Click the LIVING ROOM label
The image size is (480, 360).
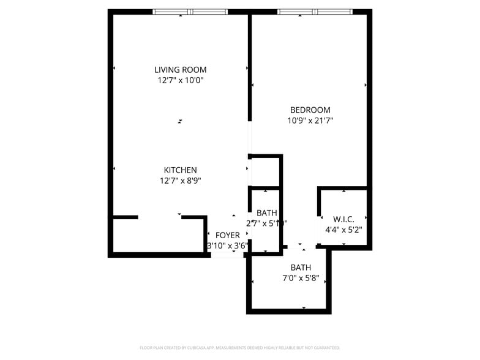coord(180,70)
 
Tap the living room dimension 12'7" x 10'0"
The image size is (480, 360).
coord(180,80)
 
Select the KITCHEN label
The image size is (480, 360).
coord(180,170)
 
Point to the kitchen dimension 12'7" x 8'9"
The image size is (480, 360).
coord(180,181)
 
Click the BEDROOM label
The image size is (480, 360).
coord(310,110)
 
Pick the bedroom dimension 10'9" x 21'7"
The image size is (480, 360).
coord(310,121)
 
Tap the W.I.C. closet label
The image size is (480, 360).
coord(343,219)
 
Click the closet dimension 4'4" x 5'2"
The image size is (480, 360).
coord(343,230)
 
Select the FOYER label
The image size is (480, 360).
coord(228,236)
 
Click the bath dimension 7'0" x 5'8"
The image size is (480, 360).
coord(301,278)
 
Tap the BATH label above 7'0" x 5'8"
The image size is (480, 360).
coord(301,268)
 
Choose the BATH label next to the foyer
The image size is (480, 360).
coord(267,213)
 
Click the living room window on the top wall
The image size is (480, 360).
coord(190,12)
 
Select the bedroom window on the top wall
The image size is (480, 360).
coord(315,12)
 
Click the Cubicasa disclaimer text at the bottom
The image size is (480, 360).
coord(240,347)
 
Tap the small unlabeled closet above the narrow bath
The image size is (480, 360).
coord(264,171)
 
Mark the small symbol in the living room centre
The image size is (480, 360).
coord(180,121)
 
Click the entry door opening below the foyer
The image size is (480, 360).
coord(228,255)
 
